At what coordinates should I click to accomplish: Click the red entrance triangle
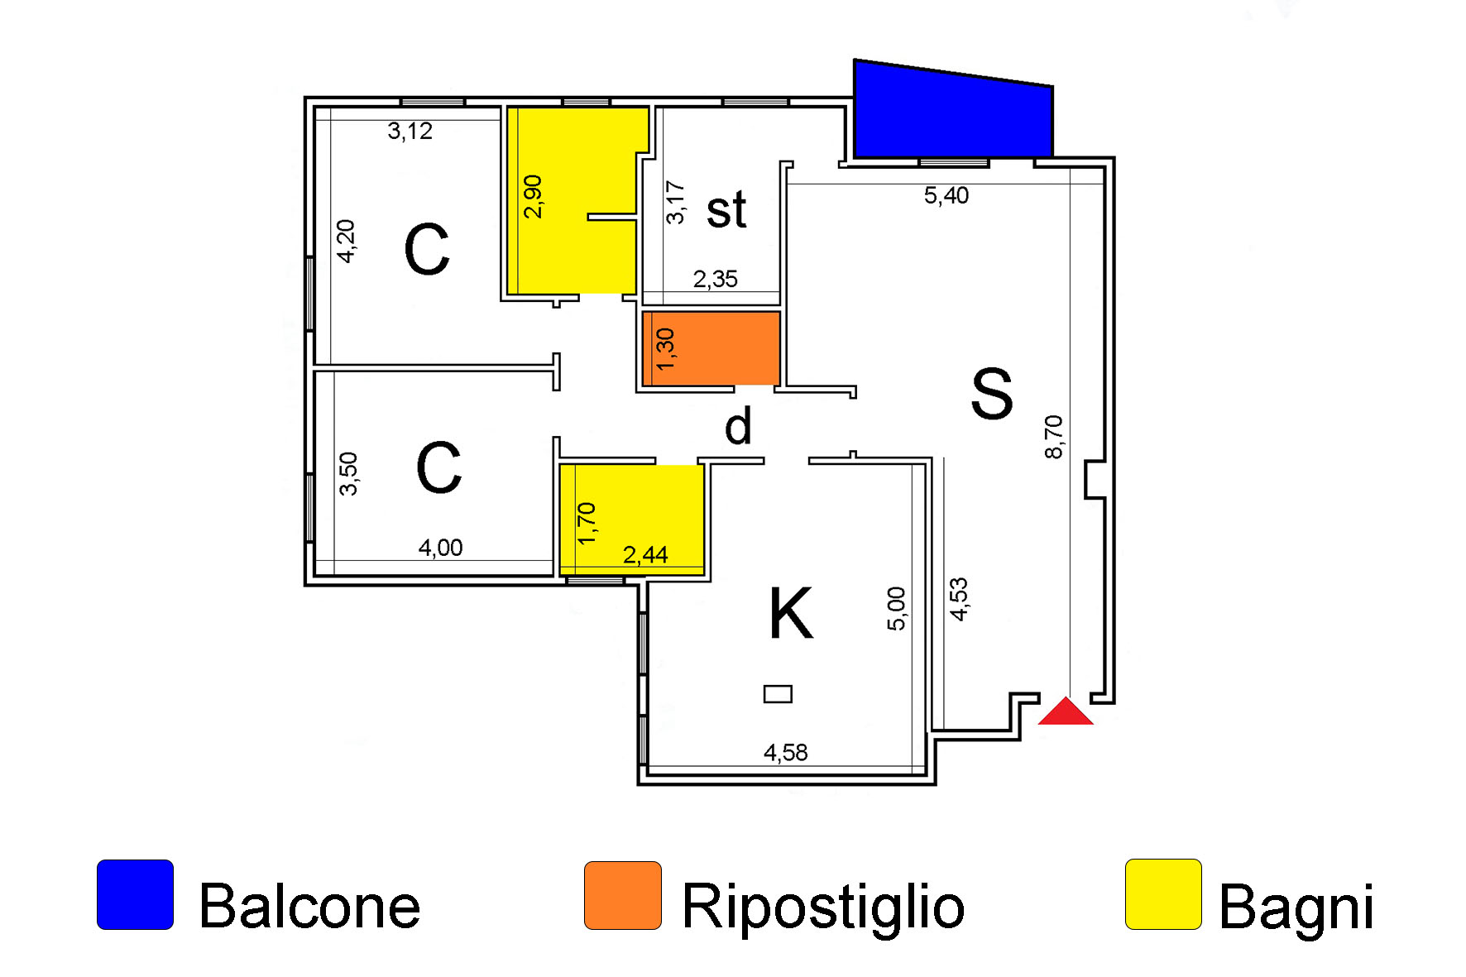point(1066,712)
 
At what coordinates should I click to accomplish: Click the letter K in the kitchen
point(791,613)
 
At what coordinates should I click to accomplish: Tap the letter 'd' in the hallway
point(738,426)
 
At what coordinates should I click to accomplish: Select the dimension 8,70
point(1053,437)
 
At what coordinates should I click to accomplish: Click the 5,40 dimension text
point(946,196)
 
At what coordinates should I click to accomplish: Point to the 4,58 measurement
point(785,753)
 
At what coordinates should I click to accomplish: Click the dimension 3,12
point(410,132)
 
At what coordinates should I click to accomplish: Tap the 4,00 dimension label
point(440,548)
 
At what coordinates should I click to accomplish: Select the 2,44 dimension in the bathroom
point(644,555)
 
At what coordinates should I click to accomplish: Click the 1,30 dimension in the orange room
point(665,349)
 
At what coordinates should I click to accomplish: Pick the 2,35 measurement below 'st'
point(715,280)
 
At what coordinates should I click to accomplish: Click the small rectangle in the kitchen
point(778,694)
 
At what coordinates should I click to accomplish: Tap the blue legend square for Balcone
point(135,895)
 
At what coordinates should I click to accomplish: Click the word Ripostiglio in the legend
point(823,908)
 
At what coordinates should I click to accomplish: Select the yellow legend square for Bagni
point(1163,894)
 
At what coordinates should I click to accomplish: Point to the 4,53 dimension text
point(959,599)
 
